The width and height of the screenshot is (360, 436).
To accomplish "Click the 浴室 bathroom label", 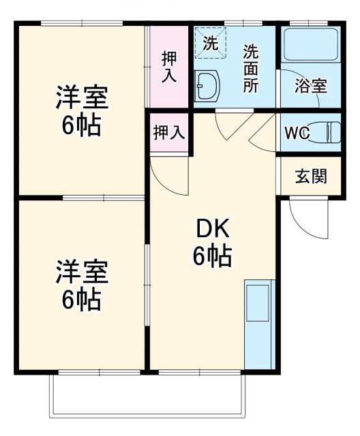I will point(310,87).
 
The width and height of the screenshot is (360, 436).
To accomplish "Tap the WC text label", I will point(297,132).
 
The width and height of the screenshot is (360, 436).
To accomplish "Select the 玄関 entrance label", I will point(310,176).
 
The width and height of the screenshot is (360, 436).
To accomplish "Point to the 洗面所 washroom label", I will point(251,68).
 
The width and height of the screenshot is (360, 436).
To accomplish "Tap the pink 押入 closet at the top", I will point(168,67).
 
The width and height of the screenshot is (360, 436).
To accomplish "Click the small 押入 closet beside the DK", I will point(168,132).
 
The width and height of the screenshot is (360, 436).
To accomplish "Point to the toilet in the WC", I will point(329,132).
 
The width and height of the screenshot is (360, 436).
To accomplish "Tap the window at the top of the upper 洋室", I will point(81,25).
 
